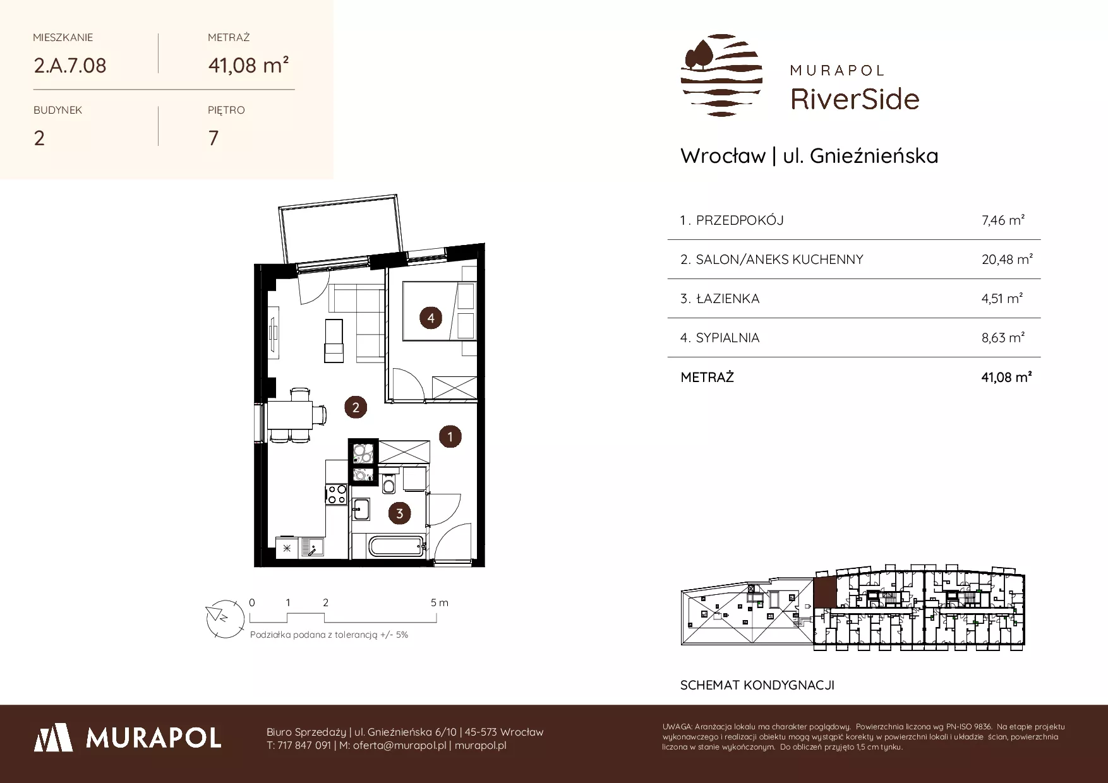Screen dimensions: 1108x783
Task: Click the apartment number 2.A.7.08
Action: tap(70, 66)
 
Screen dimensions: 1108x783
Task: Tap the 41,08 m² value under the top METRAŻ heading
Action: tap(249, 65)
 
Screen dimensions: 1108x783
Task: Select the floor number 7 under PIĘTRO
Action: tap(214, 138)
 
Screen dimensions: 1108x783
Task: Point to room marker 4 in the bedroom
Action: tap(431, 318)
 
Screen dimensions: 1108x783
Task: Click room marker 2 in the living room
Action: tap(356, 407)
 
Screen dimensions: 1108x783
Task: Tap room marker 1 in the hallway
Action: tap(450, 436)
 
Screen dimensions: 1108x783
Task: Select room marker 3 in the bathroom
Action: tap(399, 513)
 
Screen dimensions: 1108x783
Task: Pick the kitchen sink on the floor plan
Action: tap(311, 546)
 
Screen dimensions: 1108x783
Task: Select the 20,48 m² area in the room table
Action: tap(1007, 259)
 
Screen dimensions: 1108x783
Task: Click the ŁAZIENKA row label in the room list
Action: tap(727, 299)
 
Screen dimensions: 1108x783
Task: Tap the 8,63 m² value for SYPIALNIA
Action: tap(1003, 337)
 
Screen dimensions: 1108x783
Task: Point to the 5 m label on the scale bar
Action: tap(440, 602)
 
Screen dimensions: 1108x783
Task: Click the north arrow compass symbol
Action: tap(225, 616)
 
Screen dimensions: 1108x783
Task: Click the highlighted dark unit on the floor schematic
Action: tap(824, 592)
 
